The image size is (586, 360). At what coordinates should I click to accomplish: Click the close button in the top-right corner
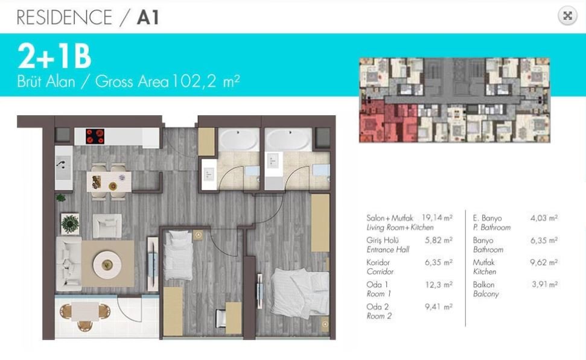coord(567,16)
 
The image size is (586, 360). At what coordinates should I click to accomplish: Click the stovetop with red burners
coord(95,136)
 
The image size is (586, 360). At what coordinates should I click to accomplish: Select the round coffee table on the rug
coord(107,264)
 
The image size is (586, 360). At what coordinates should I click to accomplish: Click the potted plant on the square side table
coord(70,224)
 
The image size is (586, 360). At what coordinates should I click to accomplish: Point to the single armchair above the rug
coord(107,226)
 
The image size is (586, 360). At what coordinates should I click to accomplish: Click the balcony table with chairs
coord(85,314)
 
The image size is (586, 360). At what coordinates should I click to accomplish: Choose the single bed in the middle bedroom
coord(178,255)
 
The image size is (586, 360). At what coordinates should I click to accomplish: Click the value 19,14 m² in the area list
coord(437,217)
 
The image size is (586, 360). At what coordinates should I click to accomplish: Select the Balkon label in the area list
coord(483,285)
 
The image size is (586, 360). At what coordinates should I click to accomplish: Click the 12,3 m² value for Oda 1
coord(439,285)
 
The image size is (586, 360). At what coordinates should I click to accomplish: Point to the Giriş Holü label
coord(383,240)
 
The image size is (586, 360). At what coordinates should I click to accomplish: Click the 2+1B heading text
coord(54,56)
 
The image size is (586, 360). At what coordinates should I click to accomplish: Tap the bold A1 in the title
coord(148,17)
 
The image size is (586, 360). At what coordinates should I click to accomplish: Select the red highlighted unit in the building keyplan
coord(388,121)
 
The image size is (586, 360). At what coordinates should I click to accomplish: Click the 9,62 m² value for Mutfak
coord(544,262)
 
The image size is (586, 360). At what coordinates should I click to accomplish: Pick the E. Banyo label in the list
coord(488,218)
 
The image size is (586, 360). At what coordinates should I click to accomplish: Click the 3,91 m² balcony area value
coord(545,284)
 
